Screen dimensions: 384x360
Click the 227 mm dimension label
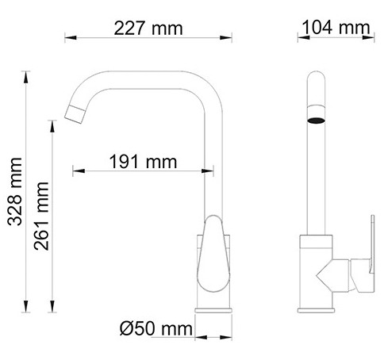click(x=148, y=29)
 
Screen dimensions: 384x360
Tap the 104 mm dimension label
click(x=336, y=28)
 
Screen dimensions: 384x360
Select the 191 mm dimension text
click(x=143, y=162)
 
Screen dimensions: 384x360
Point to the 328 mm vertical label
click(x=15, y=192)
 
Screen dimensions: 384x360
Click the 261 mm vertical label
click(x=41, y=216)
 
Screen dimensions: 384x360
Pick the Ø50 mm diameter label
click(x=156, y=328)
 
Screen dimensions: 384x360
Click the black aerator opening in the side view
click(x=316, y=121)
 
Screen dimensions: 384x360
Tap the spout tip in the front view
click(x=75, y=114)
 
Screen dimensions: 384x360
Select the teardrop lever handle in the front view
click(x=213, y=254)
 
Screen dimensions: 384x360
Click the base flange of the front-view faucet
click(x=213, y=310)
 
